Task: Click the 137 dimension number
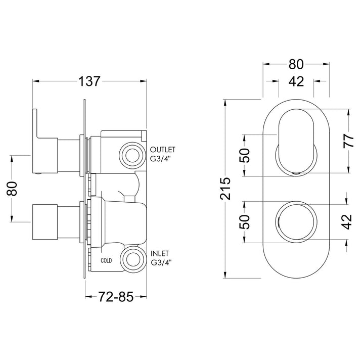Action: [x=89, y=81]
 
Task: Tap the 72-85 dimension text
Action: [x=116, y=296]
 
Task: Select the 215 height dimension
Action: [x=225, y=189]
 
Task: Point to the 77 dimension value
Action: [x=349, y=141]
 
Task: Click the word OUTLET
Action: [x=162, y=150]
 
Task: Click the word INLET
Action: [x=160, y=253]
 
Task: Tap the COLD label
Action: [x=106, y=260]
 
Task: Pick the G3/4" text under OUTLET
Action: [x=160, y=159]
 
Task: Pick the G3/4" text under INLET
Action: [x=161, y=263]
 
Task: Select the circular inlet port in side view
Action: [x=133, y=259]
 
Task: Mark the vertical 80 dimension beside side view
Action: [x=12, y=189]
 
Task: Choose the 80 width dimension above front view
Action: [x=296, y=64]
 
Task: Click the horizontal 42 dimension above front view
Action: [x=296, y=81]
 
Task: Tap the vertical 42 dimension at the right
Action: [x=347, y=222]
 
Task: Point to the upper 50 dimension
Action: [x=245, y=155]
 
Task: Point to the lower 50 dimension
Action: [x=245, y=222]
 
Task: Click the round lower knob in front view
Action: [x=296, y=222]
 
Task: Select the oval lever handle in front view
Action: [x=296, y=141]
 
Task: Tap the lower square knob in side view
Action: [x=45, y=222]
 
